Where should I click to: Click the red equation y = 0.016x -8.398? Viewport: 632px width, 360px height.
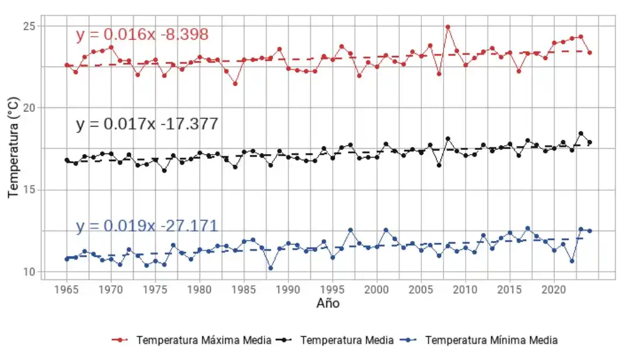142,35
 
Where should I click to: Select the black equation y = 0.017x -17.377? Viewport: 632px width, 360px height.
147,124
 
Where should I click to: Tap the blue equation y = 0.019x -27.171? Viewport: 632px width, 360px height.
146,226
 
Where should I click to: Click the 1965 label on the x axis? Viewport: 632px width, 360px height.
67,289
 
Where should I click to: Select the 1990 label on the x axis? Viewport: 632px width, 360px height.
288,289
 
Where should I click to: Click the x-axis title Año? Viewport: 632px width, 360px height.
327,303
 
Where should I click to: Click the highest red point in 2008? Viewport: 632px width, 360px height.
448,27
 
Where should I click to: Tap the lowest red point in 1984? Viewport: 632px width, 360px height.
235,83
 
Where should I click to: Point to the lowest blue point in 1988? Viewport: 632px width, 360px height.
270,268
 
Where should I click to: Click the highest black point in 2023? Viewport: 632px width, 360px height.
581,134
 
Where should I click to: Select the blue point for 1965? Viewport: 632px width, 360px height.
67,258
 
